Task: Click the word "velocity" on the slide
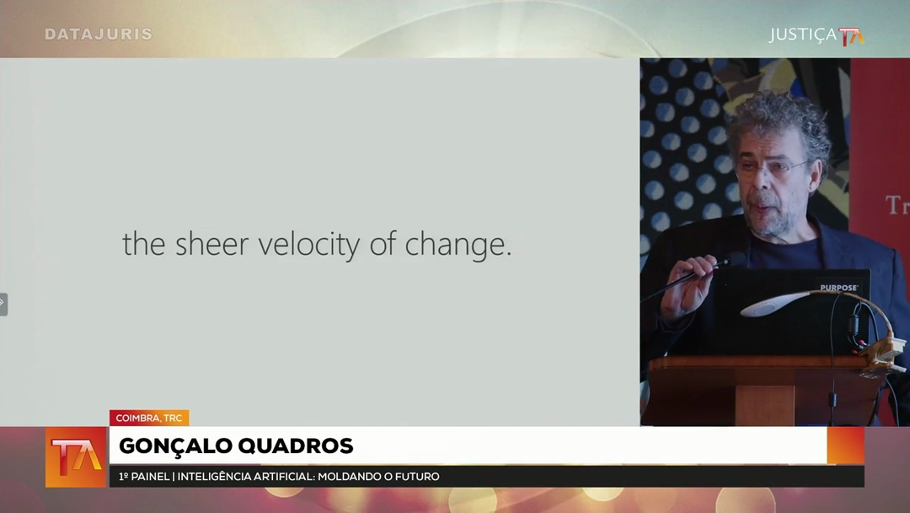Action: pyautogui.click(x=309, y=244)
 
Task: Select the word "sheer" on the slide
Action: pyautogui.click(x=211, y=244)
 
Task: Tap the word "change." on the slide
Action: pyautogui.click(x=458, y=245)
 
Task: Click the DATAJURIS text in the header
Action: pyautogui.click(x=99, y=35)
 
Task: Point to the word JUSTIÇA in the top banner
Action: pyautogui.click(x=803, y=35)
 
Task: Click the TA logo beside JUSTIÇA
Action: pyautogui.click(x=851, y=36)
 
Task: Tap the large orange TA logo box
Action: pyautogui.click(x=76, y=457)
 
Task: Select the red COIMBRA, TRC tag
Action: pyautogui.click(x=149, y=418)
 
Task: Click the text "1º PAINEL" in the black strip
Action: pyautogui.click(x=144, y=477)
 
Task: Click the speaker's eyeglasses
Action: pyautogui.click(x=773, y=169)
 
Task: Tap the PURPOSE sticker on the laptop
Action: pyautogui.click(x=838, y=288)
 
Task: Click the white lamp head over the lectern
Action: pyautogui.click(x=775, y=305)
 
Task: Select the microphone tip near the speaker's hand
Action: pyautogui.click(x=725, y=262)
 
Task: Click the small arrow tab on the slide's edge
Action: pyautogui.click(x=3, y=304)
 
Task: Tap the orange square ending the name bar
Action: pyautogui.click(x=846, y=445)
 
